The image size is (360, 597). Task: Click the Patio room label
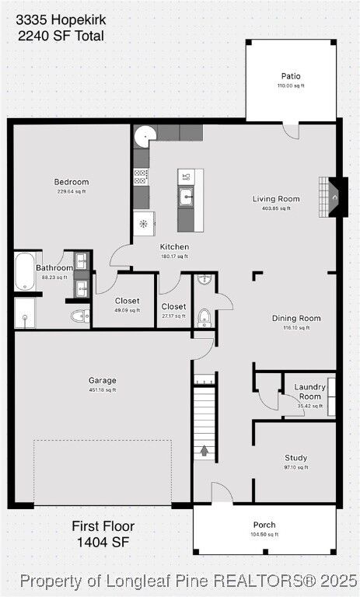click(291, 76)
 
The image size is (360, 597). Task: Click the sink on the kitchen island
click(187, 198)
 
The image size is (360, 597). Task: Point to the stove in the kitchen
click(141, 177)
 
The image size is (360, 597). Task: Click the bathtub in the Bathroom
click(24, 271)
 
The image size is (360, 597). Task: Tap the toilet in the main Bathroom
click(79, 316)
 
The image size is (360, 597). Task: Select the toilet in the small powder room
click(204, 316)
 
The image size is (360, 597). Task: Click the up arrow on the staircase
click(204, 449)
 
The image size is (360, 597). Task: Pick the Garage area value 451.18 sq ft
click(103, 390)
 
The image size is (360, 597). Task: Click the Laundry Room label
click(309, 392)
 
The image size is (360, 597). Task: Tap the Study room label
click(295, 458)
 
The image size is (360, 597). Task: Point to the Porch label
click(264, 525)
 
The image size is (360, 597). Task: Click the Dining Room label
click(295, 318)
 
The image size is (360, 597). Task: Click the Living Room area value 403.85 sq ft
click(276, 208)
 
